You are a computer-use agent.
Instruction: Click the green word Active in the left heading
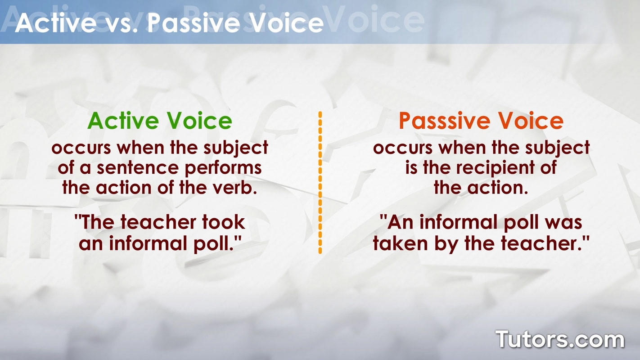tap(123, 121)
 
